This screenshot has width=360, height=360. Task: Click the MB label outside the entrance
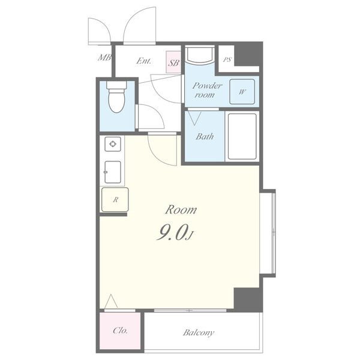click(104, 58)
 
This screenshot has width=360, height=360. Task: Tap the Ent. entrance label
click(144, 61)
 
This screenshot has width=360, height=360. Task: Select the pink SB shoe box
click(173, 62)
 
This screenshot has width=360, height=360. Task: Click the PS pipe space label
click(227, 59)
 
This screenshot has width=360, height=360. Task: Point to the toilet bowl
click(116, 97)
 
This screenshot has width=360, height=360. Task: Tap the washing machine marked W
click(242, 92)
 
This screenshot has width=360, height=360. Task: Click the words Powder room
click(207, 90)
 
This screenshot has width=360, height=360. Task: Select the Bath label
click(205, 137)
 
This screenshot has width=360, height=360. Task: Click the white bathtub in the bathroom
click(242, 136)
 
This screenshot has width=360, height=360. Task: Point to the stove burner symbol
click(113, 144)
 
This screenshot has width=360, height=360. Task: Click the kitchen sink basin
click(113, 172)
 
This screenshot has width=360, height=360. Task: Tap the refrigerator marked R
click(115, 200)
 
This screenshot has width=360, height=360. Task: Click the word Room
click(181, 210)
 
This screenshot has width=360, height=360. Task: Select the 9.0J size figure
click(176, 232)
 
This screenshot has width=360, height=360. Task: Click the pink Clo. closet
click(120, 331)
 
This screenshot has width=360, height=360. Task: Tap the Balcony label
click(199, 332)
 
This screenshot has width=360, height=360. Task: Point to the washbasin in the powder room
click(200, 55)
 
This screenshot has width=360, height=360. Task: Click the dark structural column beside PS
click(248, 54)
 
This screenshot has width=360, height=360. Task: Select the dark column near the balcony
click(248, 299)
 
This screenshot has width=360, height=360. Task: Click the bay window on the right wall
click(268, 233)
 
